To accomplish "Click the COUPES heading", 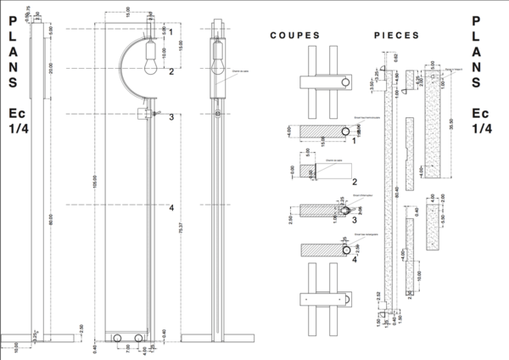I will point(294,37).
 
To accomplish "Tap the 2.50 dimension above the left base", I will point(81,328).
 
